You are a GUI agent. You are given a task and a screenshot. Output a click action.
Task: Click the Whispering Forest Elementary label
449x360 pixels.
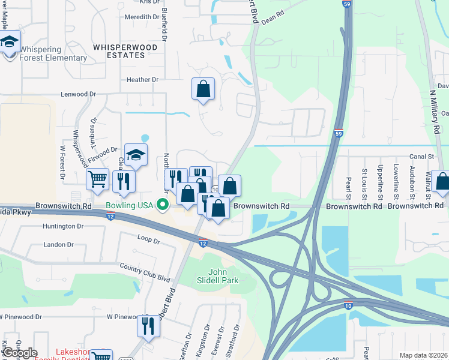(x=53, y=54)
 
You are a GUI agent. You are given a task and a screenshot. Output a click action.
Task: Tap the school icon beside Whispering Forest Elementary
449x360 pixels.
(x=10, y=43)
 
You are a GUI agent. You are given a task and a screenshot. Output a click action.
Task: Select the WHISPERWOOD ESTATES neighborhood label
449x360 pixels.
(x=125, y=51)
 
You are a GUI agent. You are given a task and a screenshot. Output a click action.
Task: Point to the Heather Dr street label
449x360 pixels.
(x=142, y=79)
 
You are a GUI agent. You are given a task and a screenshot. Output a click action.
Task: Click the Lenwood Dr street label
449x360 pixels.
(x=78, y=94)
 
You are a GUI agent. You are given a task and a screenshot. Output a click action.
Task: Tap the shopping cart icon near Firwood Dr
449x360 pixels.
(x=97, y=179)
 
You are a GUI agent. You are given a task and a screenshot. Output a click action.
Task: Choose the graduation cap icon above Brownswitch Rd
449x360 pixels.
(x=136, y=156)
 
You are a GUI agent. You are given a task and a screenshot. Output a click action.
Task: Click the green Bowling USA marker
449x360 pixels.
(x=163, y=206)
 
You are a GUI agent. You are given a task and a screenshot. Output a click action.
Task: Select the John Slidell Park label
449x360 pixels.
(x=218, y=276)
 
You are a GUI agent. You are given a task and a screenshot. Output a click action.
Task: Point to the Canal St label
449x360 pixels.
(x=422, y=156)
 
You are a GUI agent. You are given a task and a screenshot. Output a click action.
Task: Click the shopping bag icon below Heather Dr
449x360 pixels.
(x=203, y=89)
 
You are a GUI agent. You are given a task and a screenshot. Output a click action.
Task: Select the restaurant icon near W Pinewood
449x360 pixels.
(x=148, y=326)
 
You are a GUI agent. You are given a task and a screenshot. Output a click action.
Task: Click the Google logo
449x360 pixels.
(x=19, y=352)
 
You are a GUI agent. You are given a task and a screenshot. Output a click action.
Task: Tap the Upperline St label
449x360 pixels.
(x=380, y=182)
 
